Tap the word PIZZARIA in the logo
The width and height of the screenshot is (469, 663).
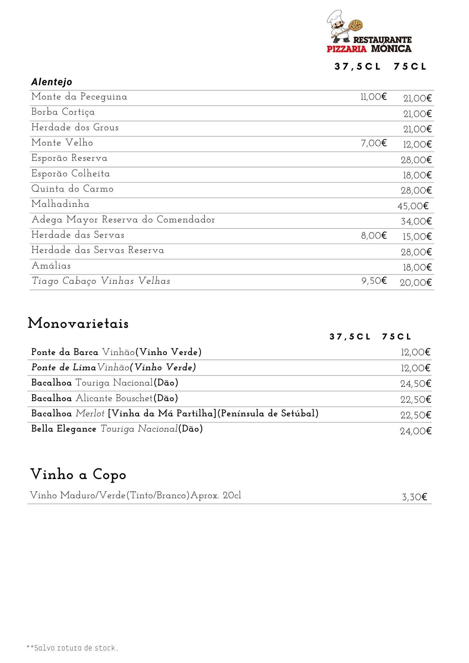tap(347, 49)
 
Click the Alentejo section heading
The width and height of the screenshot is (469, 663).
tap(52, 82)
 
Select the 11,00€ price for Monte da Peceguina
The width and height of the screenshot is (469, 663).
tap(373, 97)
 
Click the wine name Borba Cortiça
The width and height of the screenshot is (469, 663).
tap(63, 112)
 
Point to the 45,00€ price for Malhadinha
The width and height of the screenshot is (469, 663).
tap(413, 206)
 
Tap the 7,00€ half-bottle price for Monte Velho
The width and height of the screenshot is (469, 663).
tap(374, 143)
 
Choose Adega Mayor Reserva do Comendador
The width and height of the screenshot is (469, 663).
tap(123, 219)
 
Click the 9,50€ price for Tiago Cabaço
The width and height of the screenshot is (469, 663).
tap(374, 281)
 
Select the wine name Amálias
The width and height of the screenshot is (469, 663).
tap(51, 266)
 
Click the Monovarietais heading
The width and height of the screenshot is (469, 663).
tap(78, 323)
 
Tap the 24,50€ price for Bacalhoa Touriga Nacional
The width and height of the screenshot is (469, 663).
tap(416, 384)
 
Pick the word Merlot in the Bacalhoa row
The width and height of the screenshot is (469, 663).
tap(90, 413)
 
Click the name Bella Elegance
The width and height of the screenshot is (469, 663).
tap(64, 429)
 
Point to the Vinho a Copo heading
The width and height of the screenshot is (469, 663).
tap(78, 474)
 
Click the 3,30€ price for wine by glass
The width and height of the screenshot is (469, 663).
tap(414, 497)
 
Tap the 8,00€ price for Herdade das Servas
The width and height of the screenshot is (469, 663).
tap(374, 236)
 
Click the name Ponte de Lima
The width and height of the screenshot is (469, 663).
tap(64, 367)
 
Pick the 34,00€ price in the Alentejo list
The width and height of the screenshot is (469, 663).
tap(416, 221)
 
